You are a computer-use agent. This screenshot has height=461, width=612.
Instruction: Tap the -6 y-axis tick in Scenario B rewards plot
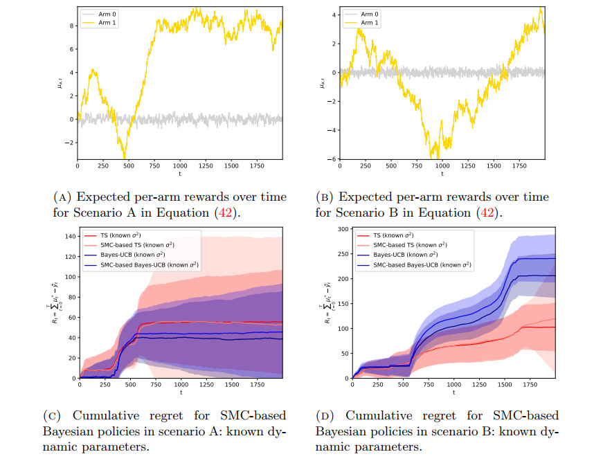pyautogui.click(x=334, y=159)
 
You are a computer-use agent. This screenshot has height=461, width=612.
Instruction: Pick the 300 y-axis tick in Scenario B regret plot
pyautogui.click(x=342, y=228)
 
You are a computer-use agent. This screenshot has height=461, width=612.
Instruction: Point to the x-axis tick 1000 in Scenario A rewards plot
pyautogui.click(x=180, y=166)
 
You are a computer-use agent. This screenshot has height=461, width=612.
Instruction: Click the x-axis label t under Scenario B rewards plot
pyautogui.click(x=442, y=173)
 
